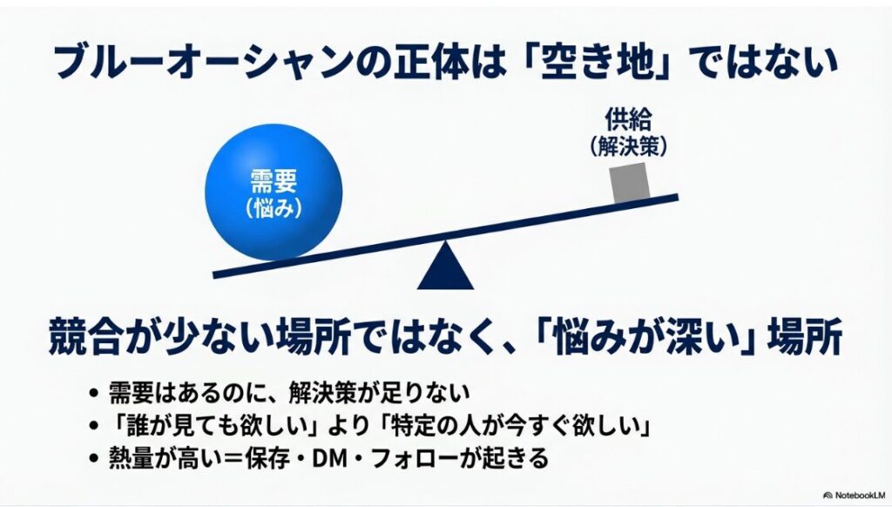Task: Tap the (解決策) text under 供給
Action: (x=629, y=146)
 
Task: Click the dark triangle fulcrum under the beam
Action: (x=445, y=266)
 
